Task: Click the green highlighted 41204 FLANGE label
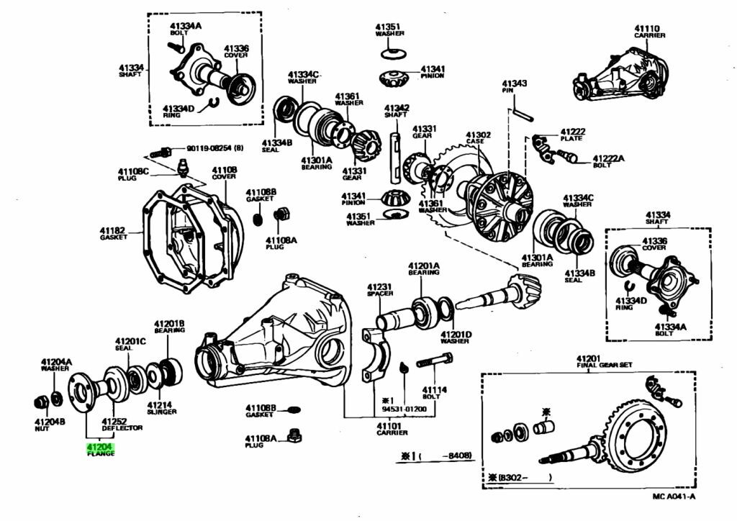coord(100,450)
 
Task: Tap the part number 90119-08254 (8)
coord(214,149)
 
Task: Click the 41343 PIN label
coord(515,87)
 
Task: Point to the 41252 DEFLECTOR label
coord(122,425)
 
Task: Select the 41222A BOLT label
coord(608,161)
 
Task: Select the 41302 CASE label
coord(478,138)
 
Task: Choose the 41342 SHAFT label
coord(396,111)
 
